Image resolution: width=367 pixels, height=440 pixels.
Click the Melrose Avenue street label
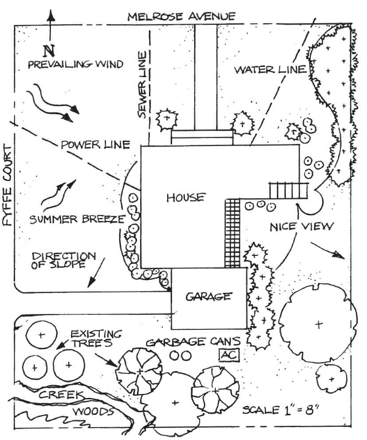[181, 17]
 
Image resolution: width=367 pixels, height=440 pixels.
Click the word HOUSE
[186, 197]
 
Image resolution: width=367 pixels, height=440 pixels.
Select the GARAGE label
[208, 296]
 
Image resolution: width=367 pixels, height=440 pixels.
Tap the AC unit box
[229, 355]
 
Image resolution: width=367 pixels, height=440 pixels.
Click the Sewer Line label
[142, 85]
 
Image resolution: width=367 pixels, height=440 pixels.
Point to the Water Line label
[270, 69]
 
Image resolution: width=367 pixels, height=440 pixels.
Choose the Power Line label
[96, 145]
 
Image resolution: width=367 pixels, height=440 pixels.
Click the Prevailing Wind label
[75, 65]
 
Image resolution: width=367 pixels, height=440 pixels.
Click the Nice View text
[301, 227]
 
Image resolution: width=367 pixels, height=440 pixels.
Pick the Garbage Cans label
[194, 342]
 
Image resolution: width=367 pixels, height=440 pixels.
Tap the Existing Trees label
[97, 337]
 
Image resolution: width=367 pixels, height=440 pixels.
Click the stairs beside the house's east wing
[289, 191]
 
